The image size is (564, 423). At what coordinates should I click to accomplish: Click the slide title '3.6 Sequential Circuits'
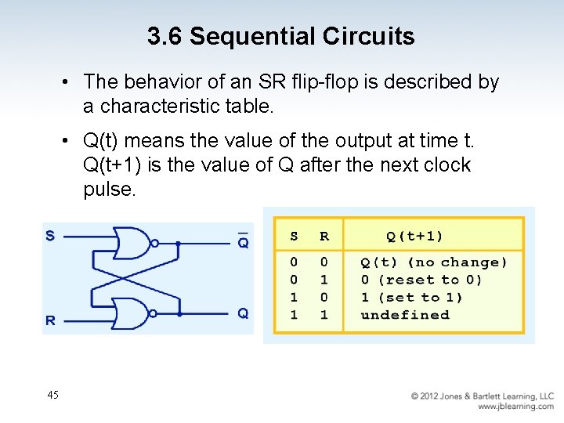click(x=280, y=36)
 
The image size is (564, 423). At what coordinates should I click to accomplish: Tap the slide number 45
click(x=52, y=395)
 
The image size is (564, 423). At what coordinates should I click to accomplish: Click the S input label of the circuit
click(x=50, y=235)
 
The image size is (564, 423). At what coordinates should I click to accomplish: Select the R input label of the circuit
click(x=50, y=320)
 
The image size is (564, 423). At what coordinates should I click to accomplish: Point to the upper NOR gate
click(x=132, y=243)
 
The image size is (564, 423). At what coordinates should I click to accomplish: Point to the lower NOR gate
click(x=132, y=313)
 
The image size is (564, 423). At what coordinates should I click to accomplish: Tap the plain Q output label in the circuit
click(x=243, y=313)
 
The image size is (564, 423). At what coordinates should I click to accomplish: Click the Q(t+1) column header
click(x=414, y=236)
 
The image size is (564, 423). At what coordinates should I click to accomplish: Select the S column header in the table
click(x=294, y=236)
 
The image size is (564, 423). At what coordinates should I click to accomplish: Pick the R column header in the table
click(x=324, y=236)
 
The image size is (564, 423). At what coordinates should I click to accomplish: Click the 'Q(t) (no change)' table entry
click(x=433, y=262)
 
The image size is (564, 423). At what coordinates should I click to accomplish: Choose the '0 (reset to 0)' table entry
click(x=421, y=280)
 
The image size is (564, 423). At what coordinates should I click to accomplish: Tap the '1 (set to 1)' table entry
click(x=411, y=297)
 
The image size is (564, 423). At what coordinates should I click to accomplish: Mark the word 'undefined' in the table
click(x=405, y=315)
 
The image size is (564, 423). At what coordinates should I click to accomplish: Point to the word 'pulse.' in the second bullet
click(x=110, y=190)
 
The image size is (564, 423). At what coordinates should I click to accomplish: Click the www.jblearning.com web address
click(x=515, y=407)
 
